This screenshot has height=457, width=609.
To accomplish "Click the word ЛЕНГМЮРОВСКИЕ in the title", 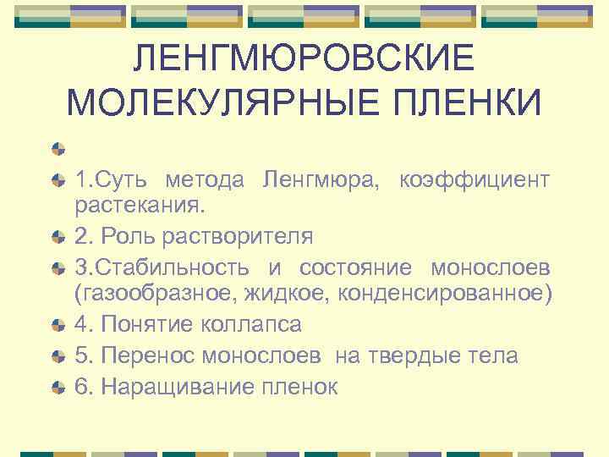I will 304,58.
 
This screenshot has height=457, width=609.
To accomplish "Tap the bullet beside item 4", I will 58,325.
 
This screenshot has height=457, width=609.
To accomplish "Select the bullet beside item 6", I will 58,388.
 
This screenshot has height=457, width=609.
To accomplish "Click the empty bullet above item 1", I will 58,150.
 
